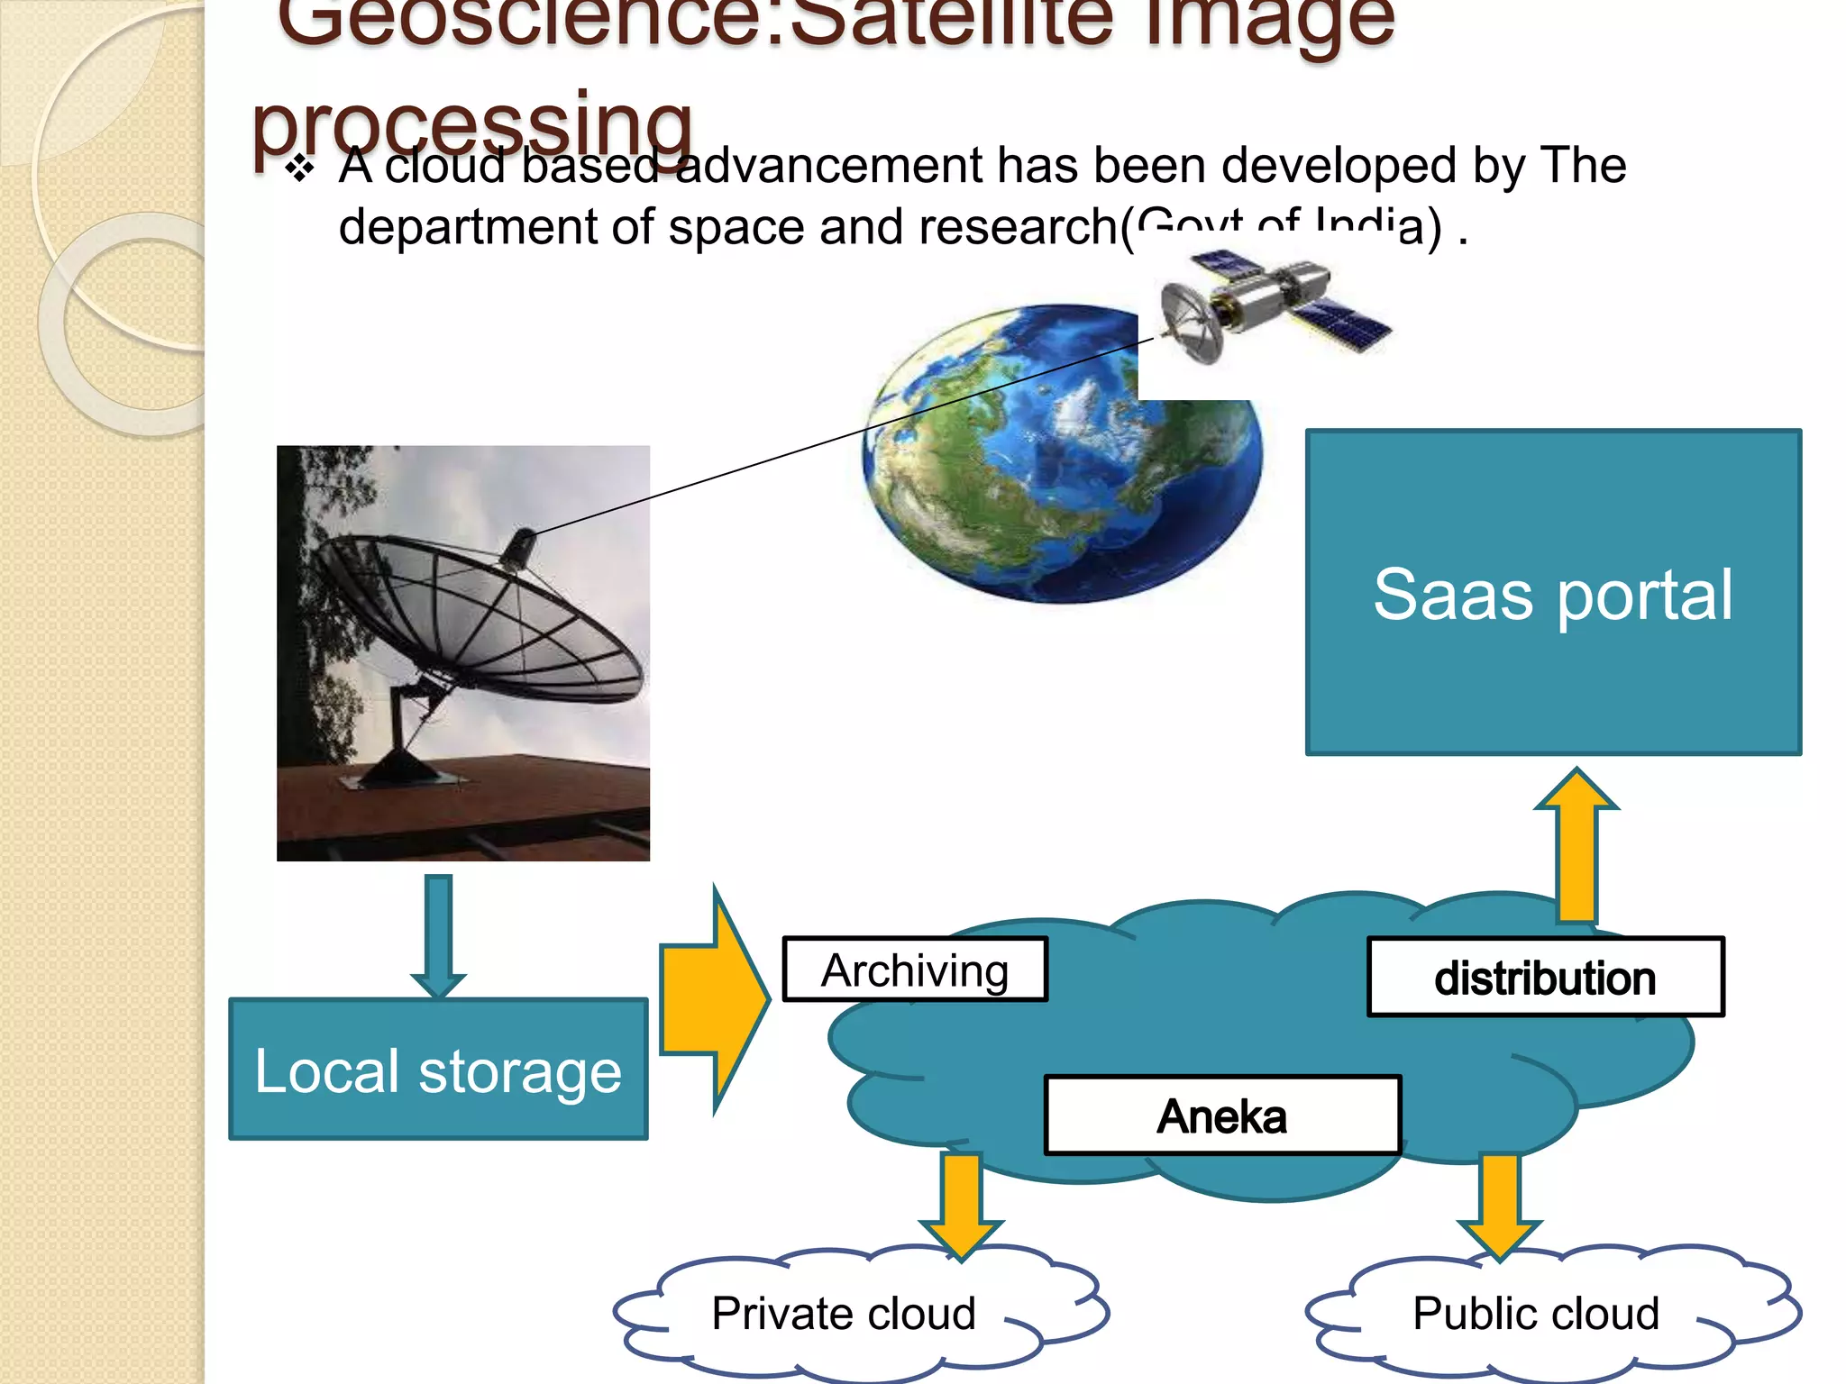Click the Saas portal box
pos(1552,592)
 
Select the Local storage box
pos(438,1069)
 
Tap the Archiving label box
pos(914,970)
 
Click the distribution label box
pos(1545,978)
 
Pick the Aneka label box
pos(1221,1115)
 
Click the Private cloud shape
pos(843,1313)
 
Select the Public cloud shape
pos(1535,1313)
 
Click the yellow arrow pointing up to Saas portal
pos(1576,847)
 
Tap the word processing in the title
pos(472,126)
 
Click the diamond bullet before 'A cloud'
pos(299,168)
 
